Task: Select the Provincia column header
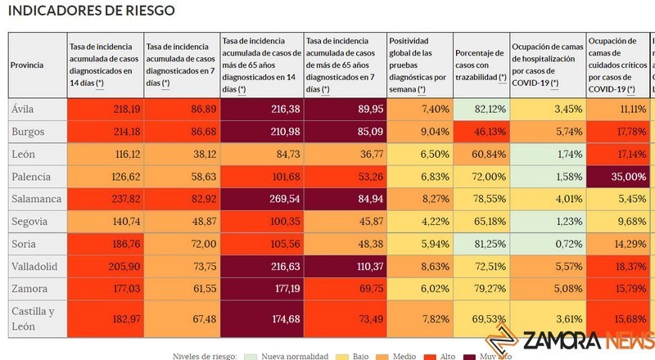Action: [x=27, y=65]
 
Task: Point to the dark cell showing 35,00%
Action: [x=619, y=176]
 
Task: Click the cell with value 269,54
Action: [x=261, y=199]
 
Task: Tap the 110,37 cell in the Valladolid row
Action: [x=345, y=267]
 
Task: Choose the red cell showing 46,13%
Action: [x=479, y=131]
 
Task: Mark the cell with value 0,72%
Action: [x=547, y=244]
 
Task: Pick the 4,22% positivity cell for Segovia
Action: [x=418, y=221]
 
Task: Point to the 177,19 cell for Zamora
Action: [x=261, y=289]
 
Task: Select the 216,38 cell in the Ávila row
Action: [x=261, y=108]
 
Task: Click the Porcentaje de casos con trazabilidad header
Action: [x=479, y=65]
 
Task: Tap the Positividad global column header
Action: [x=418, y=65]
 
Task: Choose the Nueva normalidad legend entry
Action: [x=290, y=356]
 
